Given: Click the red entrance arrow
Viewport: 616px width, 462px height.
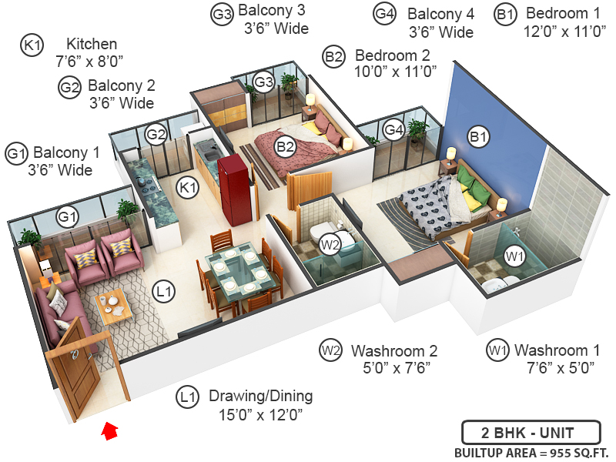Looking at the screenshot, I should click(x=110, y=430).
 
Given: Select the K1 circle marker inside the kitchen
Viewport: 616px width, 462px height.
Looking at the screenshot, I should click(x=188, y=186).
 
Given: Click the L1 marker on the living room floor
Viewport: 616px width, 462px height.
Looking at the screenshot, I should click(x=163, y=291).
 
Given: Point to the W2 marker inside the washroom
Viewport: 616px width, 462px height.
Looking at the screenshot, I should click(x=330, y=245).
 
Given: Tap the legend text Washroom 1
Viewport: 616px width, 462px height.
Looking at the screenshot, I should click(x=557, y=351).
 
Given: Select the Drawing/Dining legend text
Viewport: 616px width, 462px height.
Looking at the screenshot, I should click(x=261, y=397).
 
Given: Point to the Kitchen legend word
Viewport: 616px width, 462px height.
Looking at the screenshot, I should click(x=92, y=44).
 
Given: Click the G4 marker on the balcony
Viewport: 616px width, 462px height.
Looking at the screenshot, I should click(x=393, y=129).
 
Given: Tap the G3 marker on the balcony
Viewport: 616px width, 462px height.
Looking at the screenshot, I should click(x=264, y=81).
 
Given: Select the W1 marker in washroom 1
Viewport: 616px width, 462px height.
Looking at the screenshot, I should click(x=514, y=255).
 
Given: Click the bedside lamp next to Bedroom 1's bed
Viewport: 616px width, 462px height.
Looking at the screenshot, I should click(x=501, y=206).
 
